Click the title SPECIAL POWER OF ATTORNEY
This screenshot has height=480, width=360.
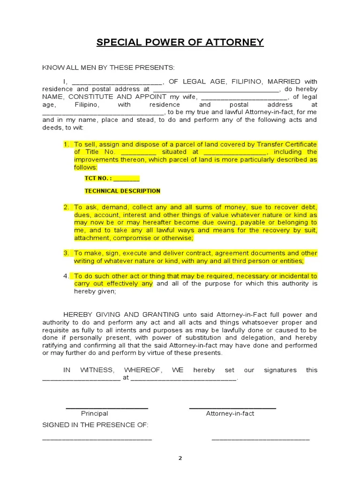[180, 43]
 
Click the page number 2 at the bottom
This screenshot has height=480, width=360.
[180, 458]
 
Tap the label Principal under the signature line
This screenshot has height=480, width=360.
[94, 413]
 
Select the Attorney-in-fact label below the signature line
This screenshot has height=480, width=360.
[230, 413]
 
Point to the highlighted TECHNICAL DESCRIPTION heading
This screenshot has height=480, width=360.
[122, 191]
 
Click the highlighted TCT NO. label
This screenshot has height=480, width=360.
[98, 178]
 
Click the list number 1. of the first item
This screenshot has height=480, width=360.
[67, 144]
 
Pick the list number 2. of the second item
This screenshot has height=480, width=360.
[67, 207]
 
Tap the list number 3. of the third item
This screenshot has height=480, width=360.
[67, 253]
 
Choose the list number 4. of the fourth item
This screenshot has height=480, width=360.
[67, 276]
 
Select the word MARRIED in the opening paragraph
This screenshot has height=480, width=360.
[285, 81]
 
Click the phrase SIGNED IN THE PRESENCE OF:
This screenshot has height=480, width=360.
[95, 425]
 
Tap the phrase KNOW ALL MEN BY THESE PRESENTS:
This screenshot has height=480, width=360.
[108, 67]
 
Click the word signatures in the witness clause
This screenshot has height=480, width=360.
[280, 370]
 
